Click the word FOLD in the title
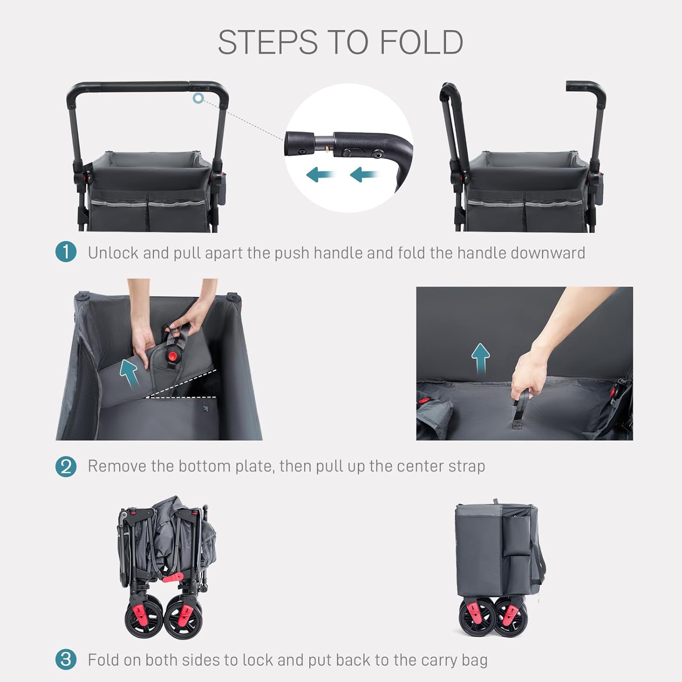tap(421, 42)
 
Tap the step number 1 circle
tap(66, 252)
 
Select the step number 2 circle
tap(66, 466)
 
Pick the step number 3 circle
tap(66, 659)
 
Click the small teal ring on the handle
tap(198, 98)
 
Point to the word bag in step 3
tap(475, 660)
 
